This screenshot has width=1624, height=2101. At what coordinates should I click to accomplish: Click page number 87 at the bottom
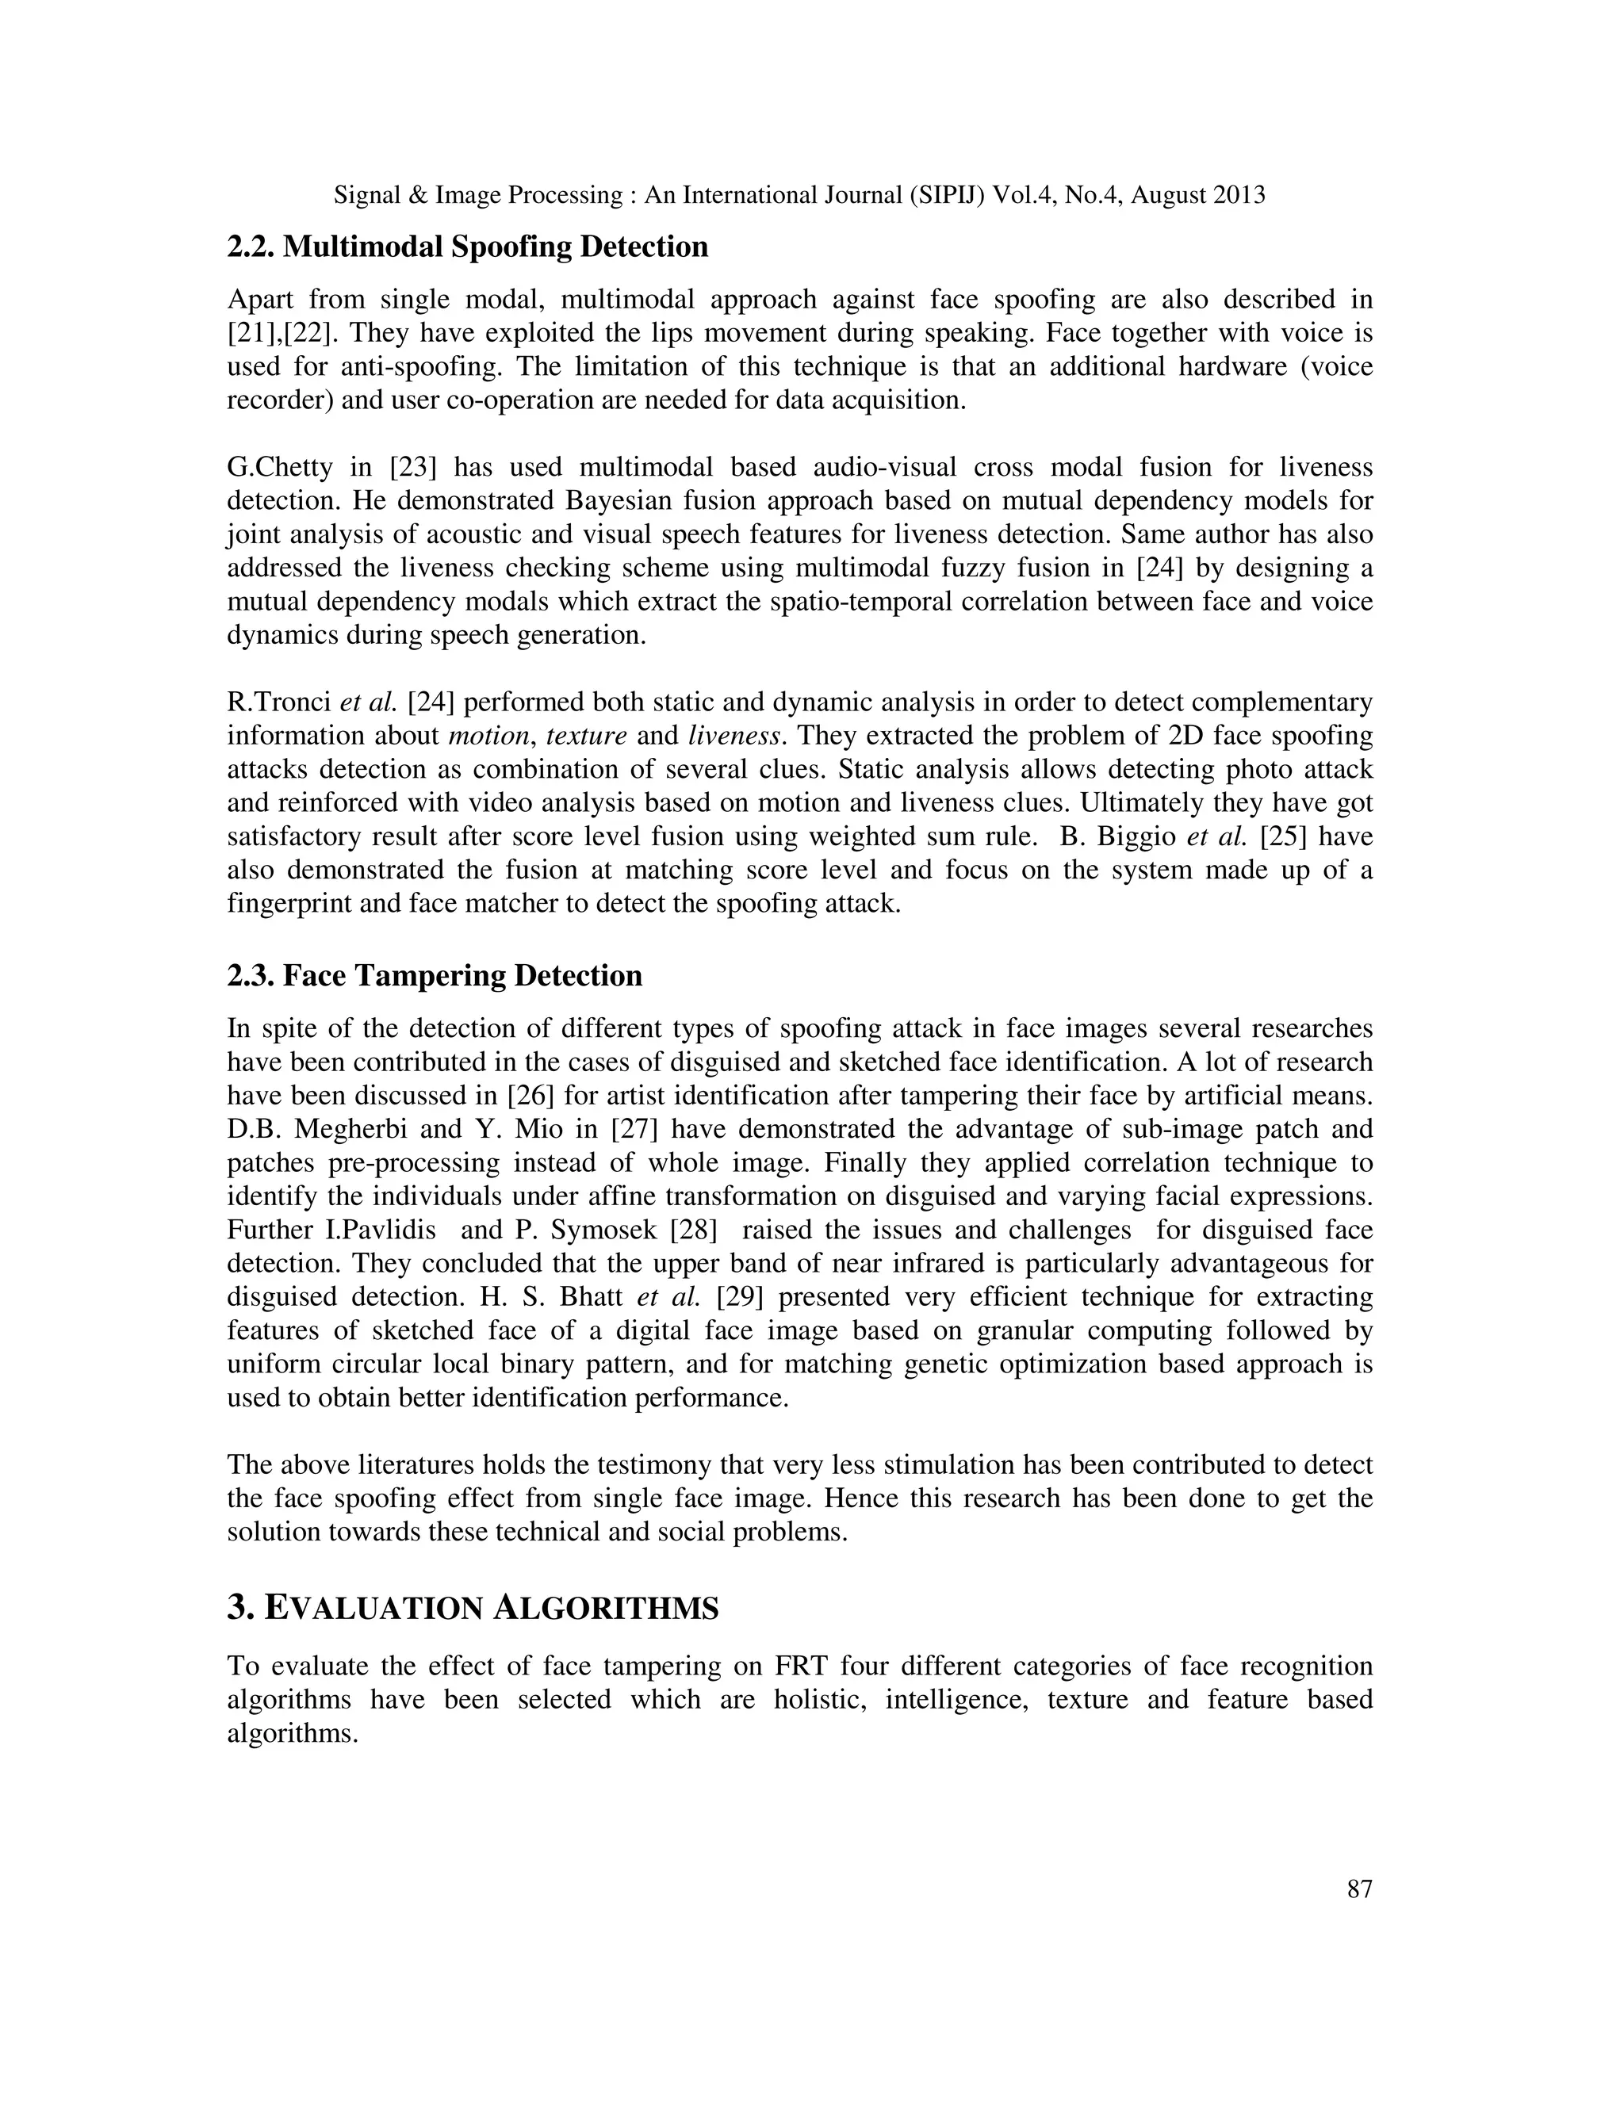click(x=1358, y=1889)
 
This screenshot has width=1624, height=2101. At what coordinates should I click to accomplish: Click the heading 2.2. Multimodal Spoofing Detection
click(x=468, y=247)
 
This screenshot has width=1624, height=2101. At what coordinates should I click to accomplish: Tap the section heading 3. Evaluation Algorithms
click(x=473, y=1608)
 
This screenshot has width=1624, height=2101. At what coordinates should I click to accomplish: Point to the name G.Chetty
click(x=279, y=468)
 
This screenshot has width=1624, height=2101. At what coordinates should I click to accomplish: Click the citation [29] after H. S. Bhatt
click(x=740, y=1297)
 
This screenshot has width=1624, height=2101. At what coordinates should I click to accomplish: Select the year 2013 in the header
click(x=1239, y=195)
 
